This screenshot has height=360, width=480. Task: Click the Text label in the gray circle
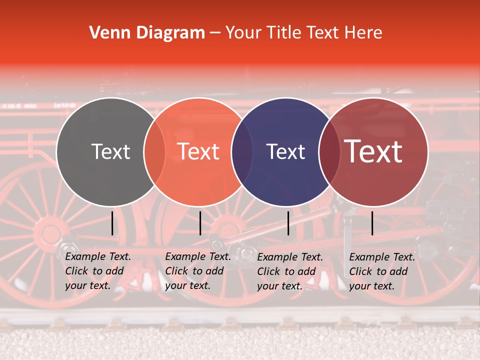pos(111,151)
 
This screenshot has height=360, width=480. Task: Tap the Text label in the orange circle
pos(198,151)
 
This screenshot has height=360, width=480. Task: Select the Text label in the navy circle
pos(286,151)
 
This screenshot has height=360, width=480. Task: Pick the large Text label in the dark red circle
pos(373,151)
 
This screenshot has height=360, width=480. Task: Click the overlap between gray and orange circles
pos(154,152)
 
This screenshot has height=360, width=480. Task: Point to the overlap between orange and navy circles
pos(242,152)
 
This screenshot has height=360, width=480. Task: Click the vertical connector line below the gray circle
pos(112,223)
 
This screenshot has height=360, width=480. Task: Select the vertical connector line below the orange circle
pos(200,223)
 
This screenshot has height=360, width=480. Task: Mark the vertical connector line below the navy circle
pos(288,223)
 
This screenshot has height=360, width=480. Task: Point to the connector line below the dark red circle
pos(372,223)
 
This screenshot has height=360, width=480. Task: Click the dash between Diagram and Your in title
pos(215,33)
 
